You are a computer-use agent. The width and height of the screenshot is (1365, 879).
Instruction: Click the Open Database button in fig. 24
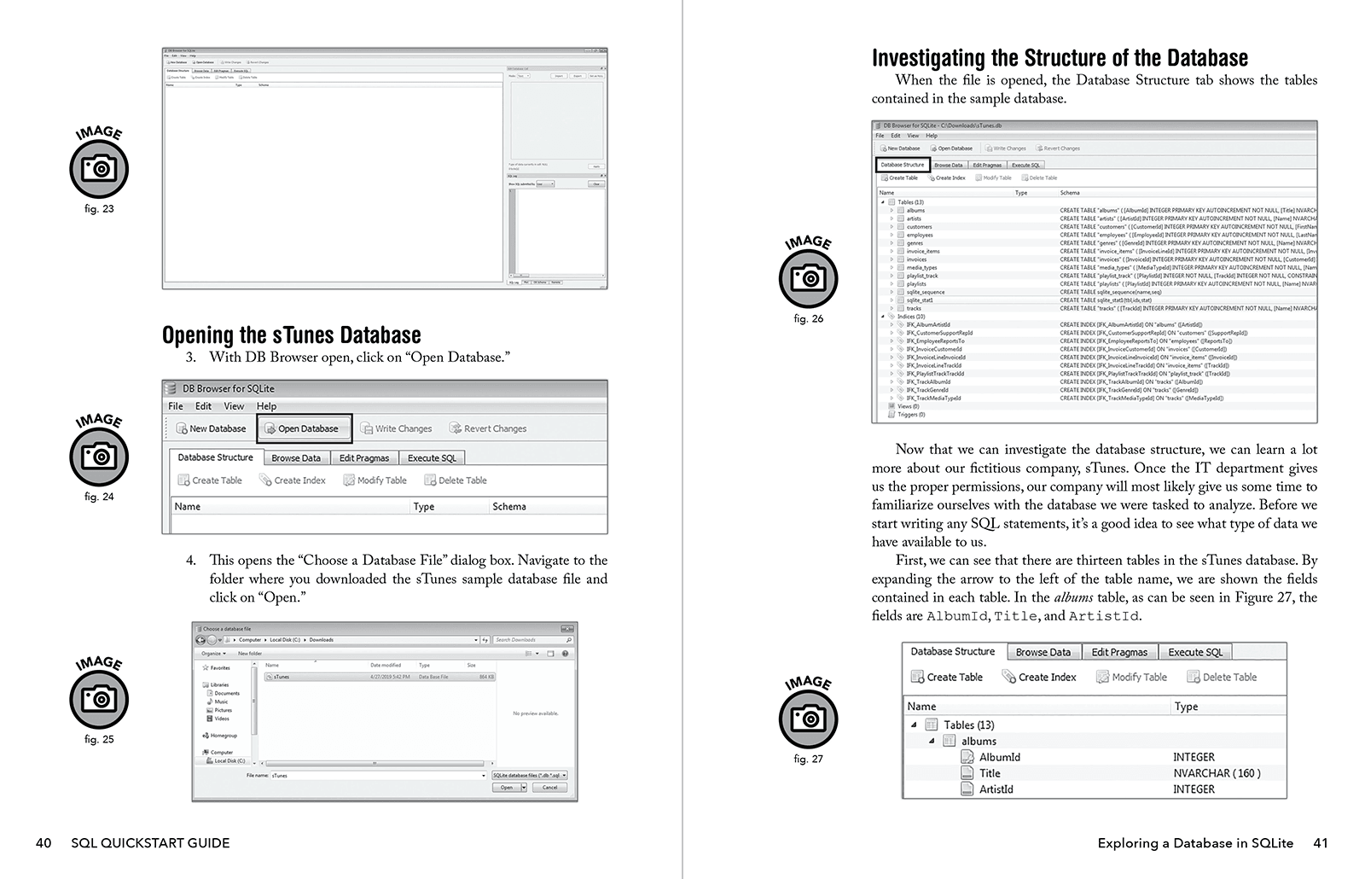click(305, 428)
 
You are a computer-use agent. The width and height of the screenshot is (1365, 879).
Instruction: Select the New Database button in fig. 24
click(211, 428)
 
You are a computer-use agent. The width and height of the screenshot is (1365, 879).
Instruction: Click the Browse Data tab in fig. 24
click(296, 458)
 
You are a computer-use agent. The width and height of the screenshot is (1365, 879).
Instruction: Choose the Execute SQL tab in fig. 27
click(1194, 652)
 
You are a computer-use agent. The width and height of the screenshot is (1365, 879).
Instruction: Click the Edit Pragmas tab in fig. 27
click(1119, 652)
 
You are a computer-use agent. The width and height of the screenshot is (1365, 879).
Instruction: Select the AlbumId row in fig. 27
click(999, 757)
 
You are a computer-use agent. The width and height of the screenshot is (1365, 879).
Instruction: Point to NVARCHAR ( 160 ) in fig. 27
click(1216, 773)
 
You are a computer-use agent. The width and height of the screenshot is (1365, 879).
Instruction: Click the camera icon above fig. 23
click(99, 169)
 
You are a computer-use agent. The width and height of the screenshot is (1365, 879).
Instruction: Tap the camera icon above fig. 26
click(808, 278)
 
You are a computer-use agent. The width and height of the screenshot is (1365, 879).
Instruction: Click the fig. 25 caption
click(99, 739)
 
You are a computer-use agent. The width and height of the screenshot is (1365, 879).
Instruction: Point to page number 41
click(1320, 843)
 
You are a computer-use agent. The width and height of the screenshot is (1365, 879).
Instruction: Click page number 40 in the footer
click(44, 843)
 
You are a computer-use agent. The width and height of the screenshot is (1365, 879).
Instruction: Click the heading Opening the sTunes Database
click(291, 335)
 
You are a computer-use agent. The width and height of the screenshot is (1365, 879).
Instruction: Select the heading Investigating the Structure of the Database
click(1059, 58)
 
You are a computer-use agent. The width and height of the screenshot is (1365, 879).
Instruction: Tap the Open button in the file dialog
click(507, 787)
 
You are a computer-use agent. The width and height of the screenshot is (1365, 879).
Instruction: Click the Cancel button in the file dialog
click(549, 787)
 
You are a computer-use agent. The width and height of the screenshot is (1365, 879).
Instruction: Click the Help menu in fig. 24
click(266, 406)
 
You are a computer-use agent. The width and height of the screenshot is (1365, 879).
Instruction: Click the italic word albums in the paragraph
click(1073, 597)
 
